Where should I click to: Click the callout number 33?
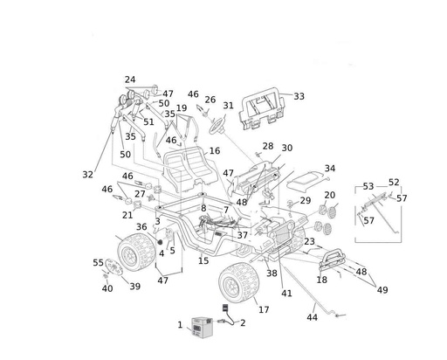point(299,96)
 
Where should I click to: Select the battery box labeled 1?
point(203,329)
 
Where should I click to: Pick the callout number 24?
point(130,80)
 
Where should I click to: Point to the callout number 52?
point(394,183)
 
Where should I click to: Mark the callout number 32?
point(87,175)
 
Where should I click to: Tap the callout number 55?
point(98,262)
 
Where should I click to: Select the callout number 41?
point(286,294)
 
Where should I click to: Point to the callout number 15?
point(203,260)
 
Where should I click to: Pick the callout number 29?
point(305,201)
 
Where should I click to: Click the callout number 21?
point(127,215)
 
